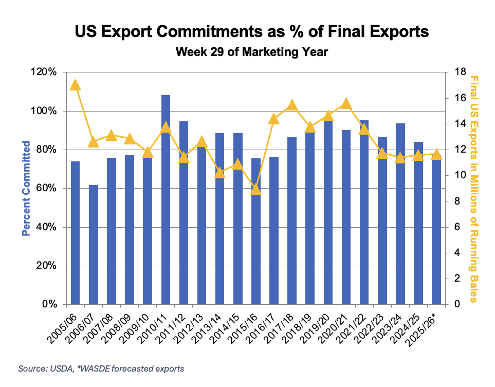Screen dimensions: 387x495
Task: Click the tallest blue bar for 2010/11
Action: [x=166, y=200]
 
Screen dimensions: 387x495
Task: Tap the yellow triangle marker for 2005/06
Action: [x=75, y=85]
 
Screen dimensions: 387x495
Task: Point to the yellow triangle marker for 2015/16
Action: [x=256, y=190]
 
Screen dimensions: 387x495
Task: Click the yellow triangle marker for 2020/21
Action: [x=346, y=103]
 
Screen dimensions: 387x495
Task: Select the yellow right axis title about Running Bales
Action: [x=473, y=188]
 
